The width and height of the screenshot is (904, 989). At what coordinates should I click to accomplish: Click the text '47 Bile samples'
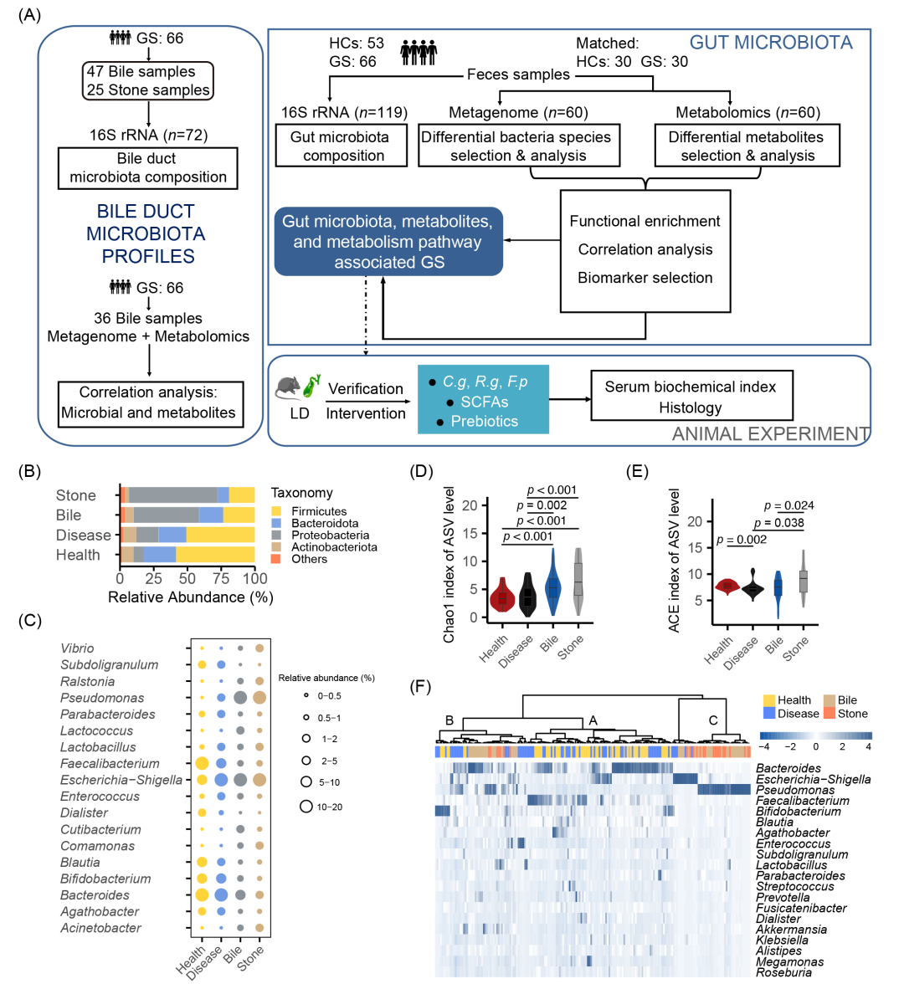tap(141, 72)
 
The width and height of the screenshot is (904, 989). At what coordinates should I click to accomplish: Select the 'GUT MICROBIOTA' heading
tap(771, 43)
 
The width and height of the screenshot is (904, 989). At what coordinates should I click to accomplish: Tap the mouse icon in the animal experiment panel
tap(287, 387)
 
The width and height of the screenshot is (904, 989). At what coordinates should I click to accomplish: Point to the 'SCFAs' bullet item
tap(484, 402)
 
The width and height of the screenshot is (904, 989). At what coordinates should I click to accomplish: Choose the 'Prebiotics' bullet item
tap(484, 421)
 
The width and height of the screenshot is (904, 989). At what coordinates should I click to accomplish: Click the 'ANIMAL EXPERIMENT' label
tap(770, 434)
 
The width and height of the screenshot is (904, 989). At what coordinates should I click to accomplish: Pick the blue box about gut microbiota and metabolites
tap(388, 242)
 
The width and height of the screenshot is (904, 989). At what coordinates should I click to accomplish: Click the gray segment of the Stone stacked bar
tap(172, 495)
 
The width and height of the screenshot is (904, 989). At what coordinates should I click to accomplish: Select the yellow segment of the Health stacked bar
tap(215, 555)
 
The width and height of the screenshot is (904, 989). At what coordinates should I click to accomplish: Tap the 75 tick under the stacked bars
tap(221, 578)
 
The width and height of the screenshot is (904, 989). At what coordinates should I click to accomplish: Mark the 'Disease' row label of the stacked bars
tap(83, 535)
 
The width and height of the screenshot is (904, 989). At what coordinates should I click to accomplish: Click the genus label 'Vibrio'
tap(77, 648)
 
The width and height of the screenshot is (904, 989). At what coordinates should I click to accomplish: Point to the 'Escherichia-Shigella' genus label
tap(121, 780)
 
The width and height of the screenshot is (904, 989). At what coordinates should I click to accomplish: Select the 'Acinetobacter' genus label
tap(100, 928)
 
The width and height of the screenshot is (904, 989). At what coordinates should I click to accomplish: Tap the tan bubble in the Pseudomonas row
tap(259, 698)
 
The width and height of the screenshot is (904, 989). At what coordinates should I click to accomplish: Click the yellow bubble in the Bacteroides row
tap(202, 895)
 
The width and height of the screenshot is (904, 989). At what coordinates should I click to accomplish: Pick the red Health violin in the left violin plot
tap(501, 595)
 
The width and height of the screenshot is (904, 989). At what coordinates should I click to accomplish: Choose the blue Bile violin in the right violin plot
tap(778, 593)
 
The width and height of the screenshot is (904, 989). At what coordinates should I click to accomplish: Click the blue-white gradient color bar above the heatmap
tap(815, 736)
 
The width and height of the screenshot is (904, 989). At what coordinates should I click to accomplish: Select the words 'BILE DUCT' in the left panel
tap(146, 212)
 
